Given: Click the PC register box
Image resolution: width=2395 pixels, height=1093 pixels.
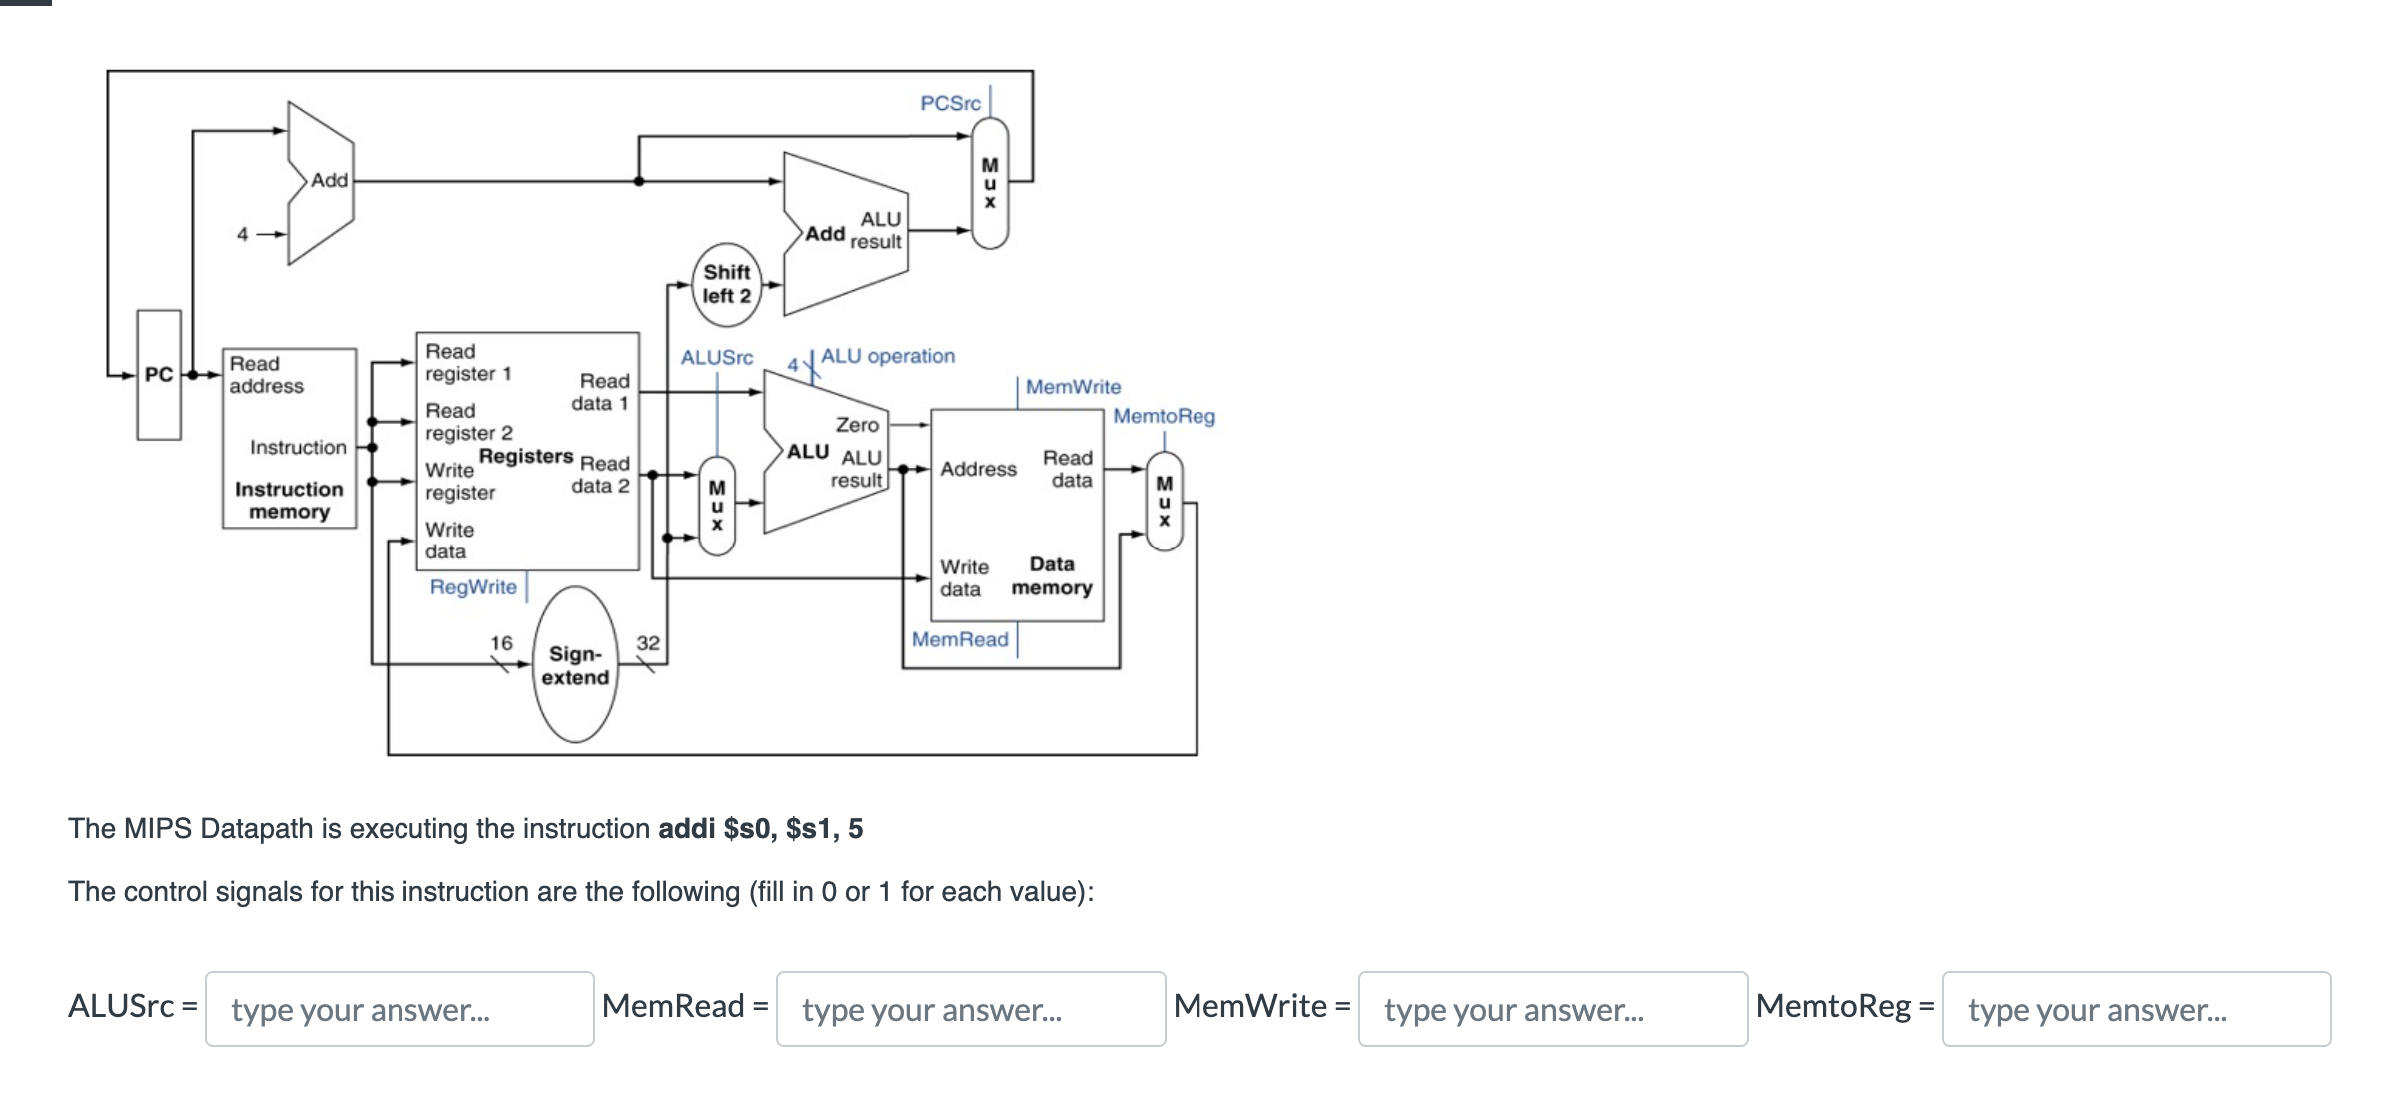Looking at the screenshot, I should tap(159, 375).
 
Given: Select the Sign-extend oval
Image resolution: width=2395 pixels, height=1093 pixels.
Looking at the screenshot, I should tap(575, 665).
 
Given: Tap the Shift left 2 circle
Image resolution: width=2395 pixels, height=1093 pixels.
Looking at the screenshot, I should tap(726, 284).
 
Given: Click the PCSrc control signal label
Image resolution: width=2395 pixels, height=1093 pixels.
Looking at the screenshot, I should tap(950, 103).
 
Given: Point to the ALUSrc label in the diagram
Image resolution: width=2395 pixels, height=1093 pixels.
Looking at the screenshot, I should tap(716, 357).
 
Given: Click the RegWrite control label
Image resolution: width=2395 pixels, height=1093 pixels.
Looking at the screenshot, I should tap(473, 587).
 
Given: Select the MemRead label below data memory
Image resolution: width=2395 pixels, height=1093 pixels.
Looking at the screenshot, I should tap(959, 639).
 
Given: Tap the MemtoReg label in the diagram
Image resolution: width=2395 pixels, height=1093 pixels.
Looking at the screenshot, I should tap(1164, 416).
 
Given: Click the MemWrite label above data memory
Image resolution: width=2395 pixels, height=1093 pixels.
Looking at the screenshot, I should tap(1073, 387).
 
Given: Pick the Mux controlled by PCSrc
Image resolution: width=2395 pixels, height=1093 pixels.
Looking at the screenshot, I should tap(989, 183).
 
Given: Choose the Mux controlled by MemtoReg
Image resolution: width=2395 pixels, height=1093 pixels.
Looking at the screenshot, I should tap(1164, 501).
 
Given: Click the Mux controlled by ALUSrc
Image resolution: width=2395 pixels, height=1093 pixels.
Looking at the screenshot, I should tap(716, 506).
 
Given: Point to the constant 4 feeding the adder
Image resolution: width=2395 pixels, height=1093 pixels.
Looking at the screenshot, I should tap(242, 234).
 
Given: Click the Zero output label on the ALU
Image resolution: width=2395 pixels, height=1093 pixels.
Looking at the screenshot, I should tap(857, 425).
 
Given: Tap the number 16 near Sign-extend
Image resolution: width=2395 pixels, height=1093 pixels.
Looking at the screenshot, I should tap(501, 643).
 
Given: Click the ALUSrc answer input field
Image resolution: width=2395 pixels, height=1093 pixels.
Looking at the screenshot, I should tap(399, 1009).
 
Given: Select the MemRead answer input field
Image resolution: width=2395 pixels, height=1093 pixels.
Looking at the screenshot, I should tap(970, 1009).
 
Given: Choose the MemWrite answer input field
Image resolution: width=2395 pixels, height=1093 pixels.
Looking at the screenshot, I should tap(1552, 1009).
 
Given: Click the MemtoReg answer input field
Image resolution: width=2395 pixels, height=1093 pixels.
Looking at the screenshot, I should tap(2135, 1009).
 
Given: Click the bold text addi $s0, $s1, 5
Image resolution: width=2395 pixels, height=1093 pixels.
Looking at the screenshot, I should tap(760, 829).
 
